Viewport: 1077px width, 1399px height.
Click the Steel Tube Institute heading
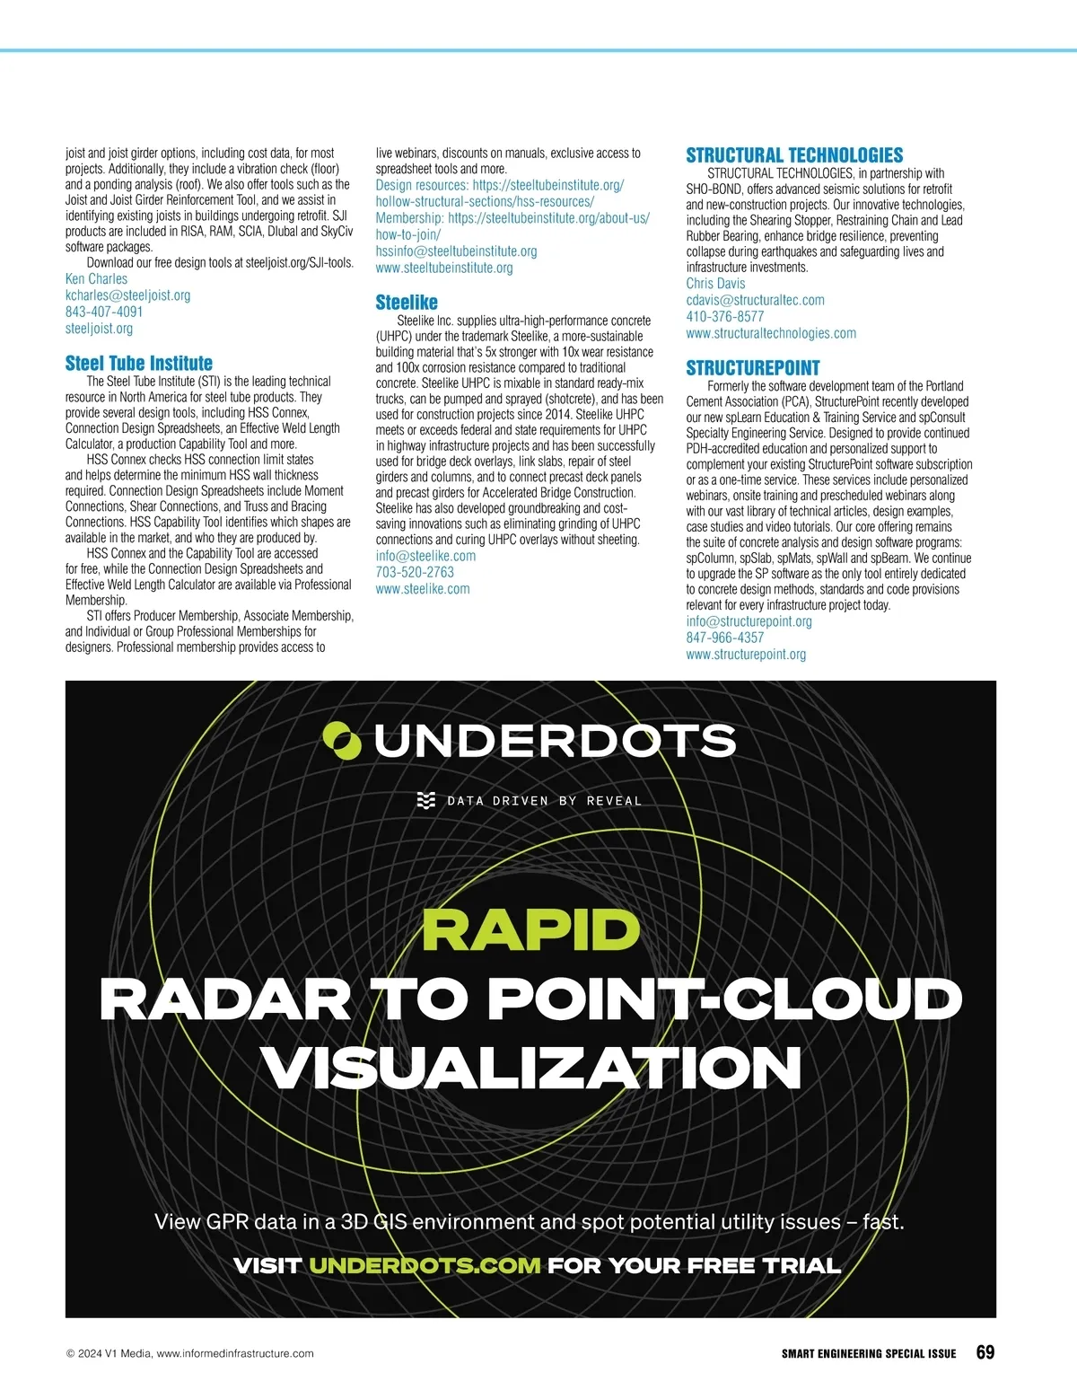tap(139, 364)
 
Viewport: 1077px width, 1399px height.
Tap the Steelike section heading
tap(407, 303)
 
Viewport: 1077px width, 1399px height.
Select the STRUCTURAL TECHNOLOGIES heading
tap(794, 155)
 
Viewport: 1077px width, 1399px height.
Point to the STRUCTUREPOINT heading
tap(753, 368)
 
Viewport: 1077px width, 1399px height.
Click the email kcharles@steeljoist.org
tap(127, 295)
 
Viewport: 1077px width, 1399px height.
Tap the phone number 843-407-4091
tap(104, 312)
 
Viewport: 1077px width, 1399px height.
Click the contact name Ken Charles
tap(96, 279)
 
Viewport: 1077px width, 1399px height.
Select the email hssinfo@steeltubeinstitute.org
tap(456, 251)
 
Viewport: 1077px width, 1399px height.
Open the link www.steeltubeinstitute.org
tap(444, 268)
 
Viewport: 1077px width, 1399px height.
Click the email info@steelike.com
tap(425, 556)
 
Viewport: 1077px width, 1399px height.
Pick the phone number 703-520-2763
tap(415, 572)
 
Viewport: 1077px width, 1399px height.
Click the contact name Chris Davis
tap(715, 284)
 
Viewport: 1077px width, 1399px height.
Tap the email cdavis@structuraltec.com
tap(755, 300)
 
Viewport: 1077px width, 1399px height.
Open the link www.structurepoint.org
tap(746, 655)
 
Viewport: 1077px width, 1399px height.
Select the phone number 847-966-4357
tap(725, 638)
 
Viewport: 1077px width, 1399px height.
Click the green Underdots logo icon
tap(342, 741)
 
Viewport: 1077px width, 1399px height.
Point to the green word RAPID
tap(530, 930)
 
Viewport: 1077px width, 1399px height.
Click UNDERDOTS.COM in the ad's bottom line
tap(425, 1266)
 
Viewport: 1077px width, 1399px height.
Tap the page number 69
tap(985, 1353)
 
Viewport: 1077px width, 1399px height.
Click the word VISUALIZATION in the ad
tap(531, 1069)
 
